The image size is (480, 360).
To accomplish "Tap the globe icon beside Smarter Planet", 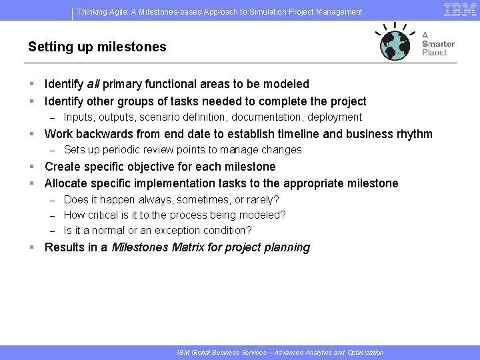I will pyautogui.click(x=396, y=43).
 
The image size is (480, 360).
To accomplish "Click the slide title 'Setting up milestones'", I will pyautogui.click(x=97, y=47).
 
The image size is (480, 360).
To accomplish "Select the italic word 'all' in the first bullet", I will pyautogui.click(x=93, y=84).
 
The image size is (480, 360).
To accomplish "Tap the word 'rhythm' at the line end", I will pyautogui.click(x=414, y=134).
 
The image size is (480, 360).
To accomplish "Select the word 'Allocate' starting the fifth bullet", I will pyautogui.click(x=65, y=183).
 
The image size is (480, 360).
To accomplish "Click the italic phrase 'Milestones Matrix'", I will pyautogui.click(x=157, y=247).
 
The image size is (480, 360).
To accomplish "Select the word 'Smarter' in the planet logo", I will pyautogui.click(x=439, y=44).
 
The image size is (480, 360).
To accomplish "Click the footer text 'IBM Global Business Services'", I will pyautogui.click(x=217, y=352).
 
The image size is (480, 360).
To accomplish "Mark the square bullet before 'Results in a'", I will pyautogui.click(x=31, y=247).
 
